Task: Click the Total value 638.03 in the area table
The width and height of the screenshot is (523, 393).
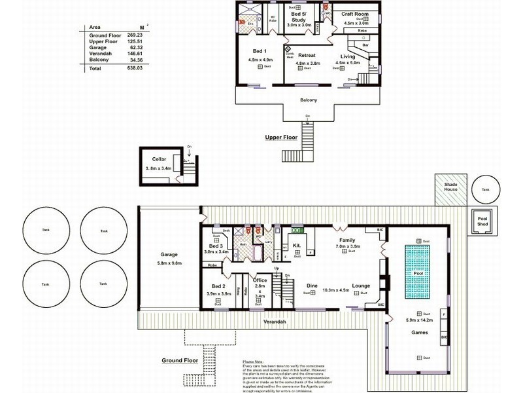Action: (x=133, y=68)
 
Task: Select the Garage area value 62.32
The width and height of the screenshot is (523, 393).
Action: (x=134, y=47)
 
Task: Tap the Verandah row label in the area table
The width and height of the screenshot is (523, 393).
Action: (x=100, y=54)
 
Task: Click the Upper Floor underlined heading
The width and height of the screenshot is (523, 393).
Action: (x=281, y=138)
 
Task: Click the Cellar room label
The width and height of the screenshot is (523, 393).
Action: (x=159, y=159)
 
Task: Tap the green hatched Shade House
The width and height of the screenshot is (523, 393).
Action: (x=451, y=191)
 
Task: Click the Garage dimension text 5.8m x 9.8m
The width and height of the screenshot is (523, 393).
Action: (x=169, y=263)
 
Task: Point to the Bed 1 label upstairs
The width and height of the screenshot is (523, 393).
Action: (x=260, y=51)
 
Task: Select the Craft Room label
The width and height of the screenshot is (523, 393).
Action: (x=356, y=14)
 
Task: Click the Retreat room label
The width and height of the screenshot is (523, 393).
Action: (x=307, y=56)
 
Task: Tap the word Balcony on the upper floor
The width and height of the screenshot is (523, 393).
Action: (x=308, y=100)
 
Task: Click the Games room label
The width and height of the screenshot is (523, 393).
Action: (x=419, y=332)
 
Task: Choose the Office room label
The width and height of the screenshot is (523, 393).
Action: (x=260, y=280)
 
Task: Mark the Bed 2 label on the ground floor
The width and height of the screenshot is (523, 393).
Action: (x=218, y=286)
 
